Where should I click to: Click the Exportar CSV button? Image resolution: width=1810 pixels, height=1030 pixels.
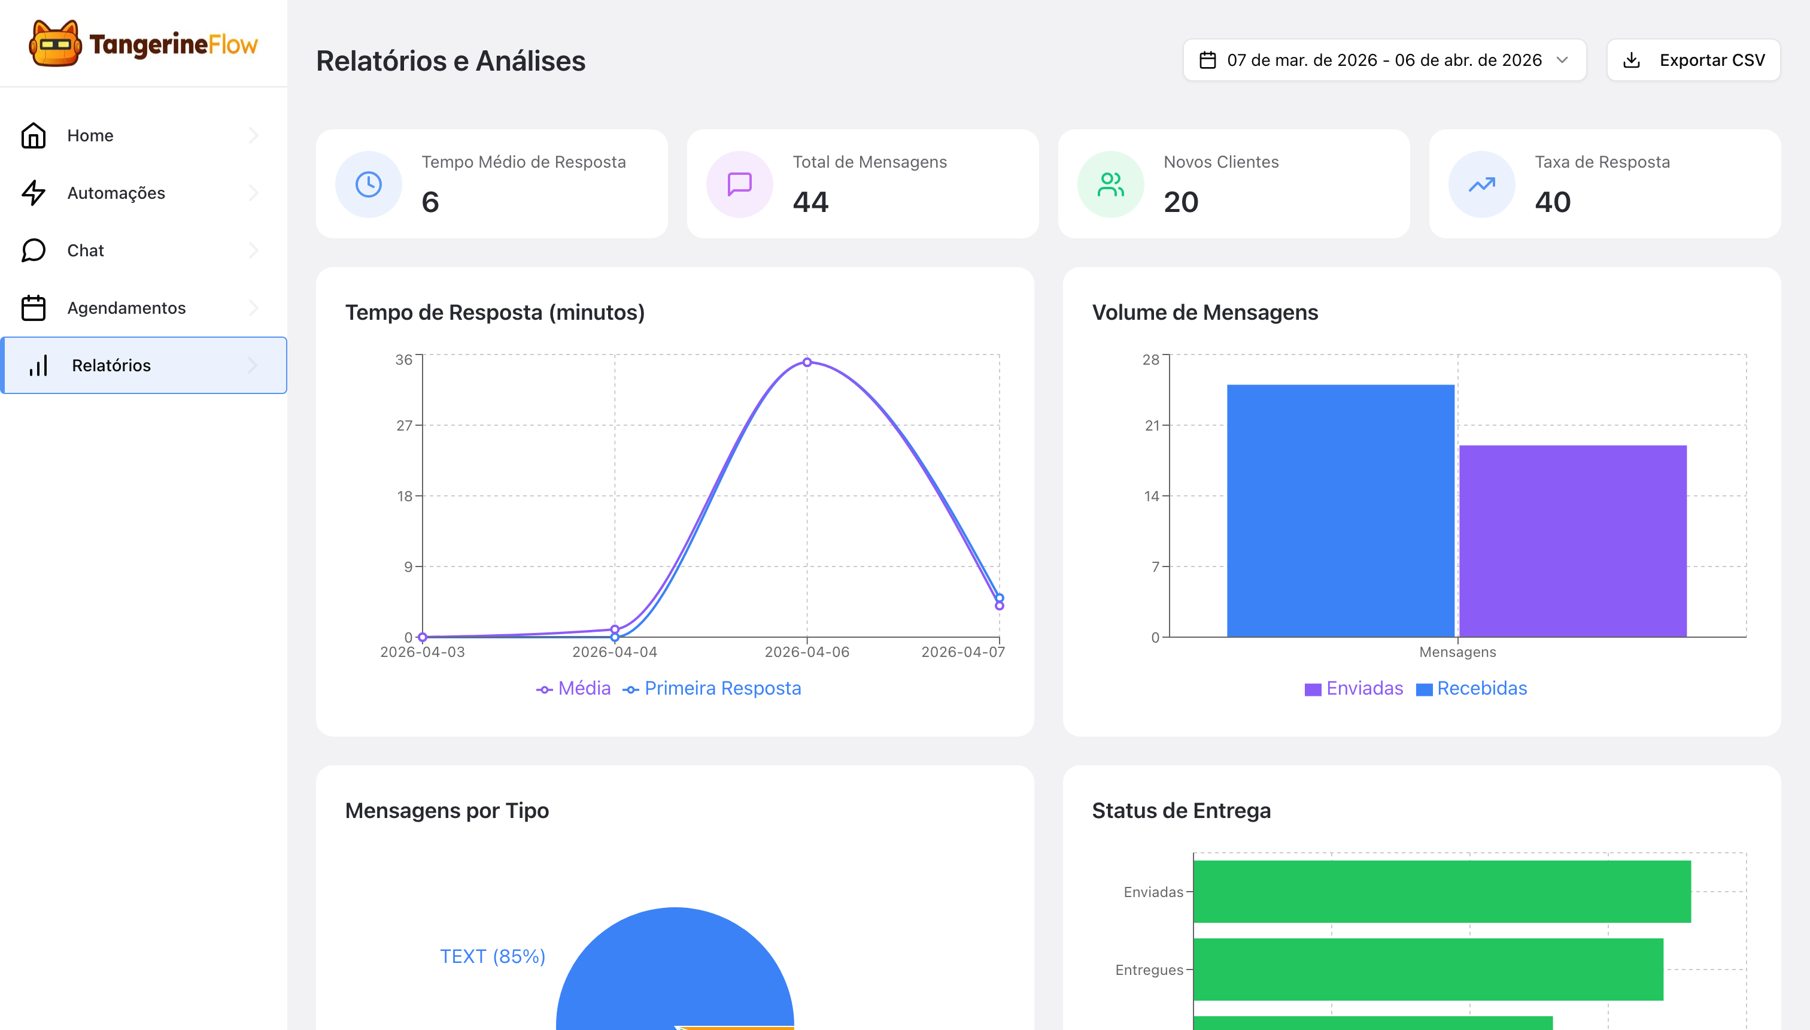click(x=1693, y=60)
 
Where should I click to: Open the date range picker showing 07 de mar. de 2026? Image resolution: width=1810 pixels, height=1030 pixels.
click(x=1384, y=60)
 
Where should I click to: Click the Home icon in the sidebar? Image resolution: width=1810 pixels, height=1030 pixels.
click(x=34, y=135)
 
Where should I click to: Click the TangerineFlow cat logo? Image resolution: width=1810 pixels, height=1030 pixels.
click(x=54, y=43)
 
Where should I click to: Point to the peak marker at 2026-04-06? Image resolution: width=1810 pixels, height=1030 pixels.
click(x=807, y=362)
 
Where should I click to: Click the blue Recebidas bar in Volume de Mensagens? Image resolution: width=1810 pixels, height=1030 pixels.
click(x=1341, y=511)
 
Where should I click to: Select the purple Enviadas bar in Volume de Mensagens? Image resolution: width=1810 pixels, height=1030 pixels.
click(x=1572, y=541)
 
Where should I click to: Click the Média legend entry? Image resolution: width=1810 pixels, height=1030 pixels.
click(x=573, y=688)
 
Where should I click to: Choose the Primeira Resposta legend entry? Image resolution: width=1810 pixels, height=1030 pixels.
click(x=712, y=688)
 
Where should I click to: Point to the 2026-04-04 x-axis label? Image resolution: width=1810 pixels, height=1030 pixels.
click(x=615, y=652)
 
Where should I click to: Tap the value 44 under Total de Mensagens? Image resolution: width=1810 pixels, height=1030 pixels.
click(x=810, y=202)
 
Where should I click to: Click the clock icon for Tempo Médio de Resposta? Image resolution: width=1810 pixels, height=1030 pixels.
click(x=368, y=184)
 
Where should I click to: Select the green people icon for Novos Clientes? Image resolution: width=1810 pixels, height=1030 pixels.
click(x=1110, y=184)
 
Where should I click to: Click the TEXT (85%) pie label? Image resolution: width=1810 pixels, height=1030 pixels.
click(x=493, y=956)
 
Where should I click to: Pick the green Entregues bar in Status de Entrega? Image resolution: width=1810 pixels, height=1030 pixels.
click(x=1428, y=969)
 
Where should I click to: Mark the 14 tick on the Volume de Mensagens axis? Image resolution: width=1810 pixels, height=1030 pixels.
click(x=1151, y=496)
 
